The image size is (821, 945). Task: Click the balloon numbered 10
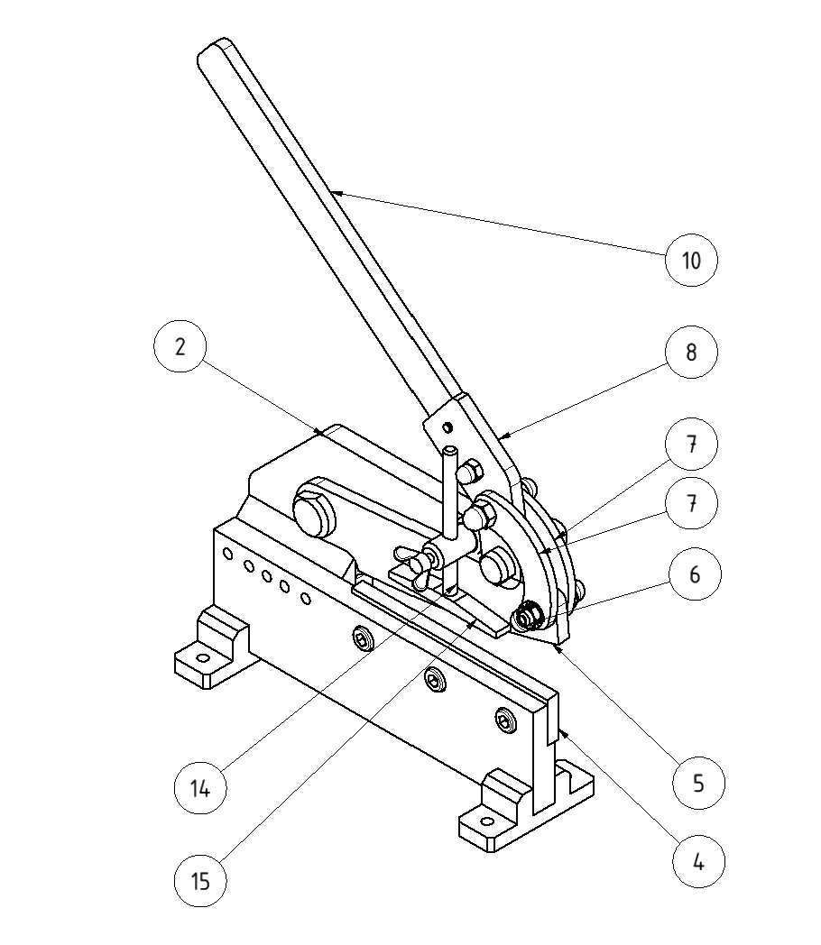pyautogui.click(x=690, y=260)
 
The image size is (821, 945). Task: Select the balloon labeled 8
pyautogui.click(x=691, y=352)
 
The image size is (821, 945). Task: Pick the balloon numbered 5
pyautogui.click(x=698, y=783)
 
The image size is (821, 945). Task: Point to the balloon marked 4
pyautogui.click(x=698, y=862)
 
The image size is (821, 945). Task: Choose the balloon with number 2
pyautogui.click(x=180, y=347)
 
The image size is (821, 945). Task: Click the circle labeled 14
pyautogui.click(x=200, y=788)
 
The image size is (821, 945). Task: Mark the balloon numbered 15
pyautogui.click(x=200, y=880)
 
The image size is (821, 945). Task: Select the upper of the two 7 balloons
pyautogui.click(x=691, y=445)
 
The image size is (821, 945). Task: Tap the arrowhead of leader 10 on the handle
pyautogui.click(x=333, y=190)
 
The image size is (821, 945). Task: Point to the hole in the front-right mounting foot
pyautogui.click(x=488, y=822)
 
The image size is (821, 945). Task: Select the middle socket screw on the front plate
pyautogui.click(x=436, y=680)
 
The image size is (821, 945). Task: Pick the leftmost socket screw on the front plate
pyautogui.click(x=363, y=640)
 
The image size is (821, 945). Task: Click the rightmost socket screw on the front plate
pyautogui.click(x=505, y=719)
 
